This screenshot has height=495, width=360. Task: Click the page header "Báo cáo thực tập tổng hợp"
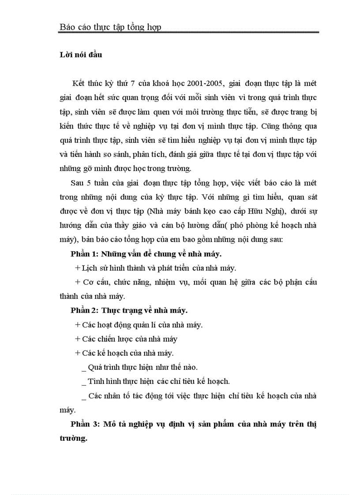point(110,27)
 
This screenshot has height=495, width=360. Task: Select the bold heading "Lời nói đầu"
point(81,55)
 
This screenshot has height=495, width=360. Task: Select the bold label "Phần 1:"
point(85,253)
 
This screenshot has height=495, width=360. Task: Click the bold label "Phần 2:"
point(85,310)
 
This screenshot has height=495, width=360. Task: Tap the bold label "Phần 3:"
point(85,424)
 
